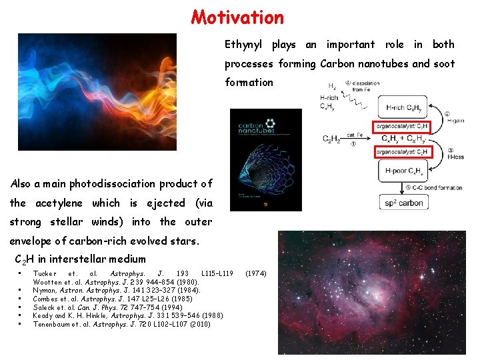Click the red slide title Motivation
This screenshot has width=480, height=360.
coord(237,17)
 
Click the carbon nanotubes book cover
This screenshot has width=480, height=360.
coord(265,159)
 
